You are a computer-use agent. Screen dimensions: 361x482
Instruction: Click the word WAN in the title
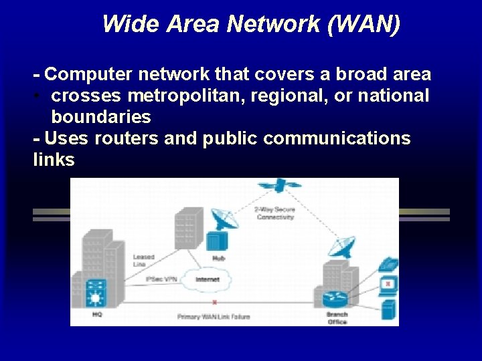pyautogui.click(x=368, y=25)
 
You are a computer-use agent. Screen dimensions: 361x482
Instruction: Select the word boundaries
pyautogui.click(x=101, y=117)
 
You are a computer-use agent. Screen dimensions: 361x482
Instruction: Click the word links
pyautogui.click(x=54, y=160)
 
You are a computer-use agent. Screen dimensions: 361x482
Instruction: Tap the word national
pyautogui.click(x=393, y=96)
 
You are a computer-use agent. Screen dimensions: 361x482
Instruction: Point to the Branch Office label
pyautogui.click(x=337, y=317)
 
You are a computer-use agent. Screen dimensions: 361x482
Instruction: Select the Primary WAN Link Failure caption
pyautogui.click(x=214, y=316)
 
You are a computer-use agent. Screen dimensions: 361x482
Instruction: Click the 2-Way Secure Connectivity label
pyautogui.click(x=274, y=213)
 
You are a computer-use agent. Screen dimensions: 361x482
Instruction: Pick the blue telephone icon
pyautogui.click(x=389, y=264)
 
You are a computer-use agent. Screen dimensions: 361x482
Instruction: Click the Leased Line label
pyautogui.click(x=143, y=260)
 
